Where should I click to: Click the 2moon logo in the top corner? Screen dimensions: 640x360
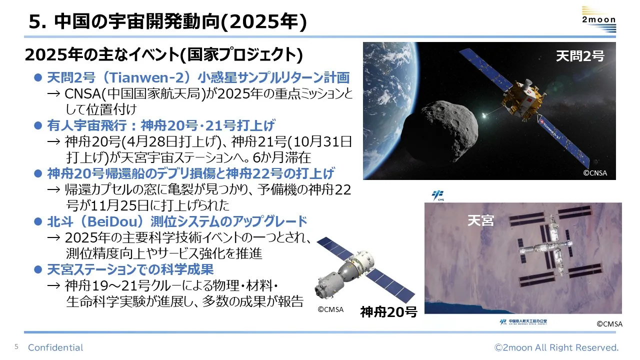click(x=599, y=19)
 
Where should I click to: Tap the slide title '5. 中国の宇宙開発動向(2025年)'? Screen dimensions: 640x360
click(x=167, y=21)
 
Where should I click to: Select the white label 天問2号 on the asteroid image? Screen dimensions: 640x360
click(x=580, y=55)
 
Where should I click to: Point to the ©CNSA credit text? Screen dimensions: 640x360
click(x=595, y=173)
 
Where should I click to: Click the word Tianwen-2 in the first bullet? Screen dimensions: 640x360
click(x=145, y=77)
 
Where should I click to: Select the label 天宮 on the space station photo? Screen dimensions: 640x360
click(x=480, y=220)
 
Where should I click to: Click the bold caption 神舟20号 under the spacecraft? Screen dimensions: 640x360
click(x=388, y=311)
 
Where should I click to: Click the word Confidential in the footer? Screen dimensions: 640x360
click(x=55, y=347)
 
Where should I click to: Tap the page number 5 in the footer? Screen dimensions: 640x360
click(x=16, y=347)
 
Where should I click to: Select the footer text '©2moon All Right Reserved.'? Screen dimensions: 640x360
click(x=556, y=347)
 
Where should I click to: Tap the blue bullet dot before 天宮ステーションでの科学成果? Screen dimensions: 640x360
click(x=38, y=269)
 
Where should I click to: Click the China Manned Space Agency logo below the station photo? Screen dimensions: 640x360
click(x=523, y=322)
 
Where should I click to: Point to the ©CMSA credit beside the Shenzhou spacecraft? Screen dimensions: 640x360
click(x=330, y=309)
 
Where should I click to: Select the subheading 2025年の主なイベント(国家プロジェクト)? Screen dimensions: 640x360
click(x=164, y=55)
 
